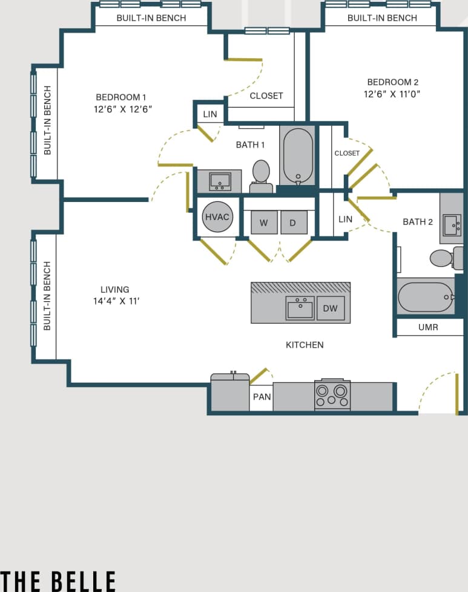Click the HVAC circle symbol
point(217,217)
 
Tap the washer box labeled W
point(264,223)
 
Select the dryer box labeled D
point(293,223)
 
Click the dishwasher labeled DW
point(330,308)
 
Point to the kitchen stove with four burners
point(332,395)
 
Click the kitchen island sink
point(300,308)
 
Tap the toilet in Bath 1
point(261,174)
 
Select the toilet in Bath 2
point(443,258)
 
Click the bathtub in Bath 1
point(298,156)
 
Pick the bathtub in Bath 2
point(426,297)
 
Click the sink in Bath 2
point(452,224)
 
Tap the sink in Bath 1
point(219,181)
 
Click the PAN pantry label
point(262,397)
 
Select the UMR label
point(428,327)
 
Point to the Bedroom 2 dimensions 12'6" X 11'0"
point(392,94)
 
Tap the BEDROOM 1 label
point(121,97)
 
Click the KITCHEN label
point(305,345)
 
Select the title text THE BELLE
point(58,581)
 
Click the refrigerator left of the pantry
point(229,393)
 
